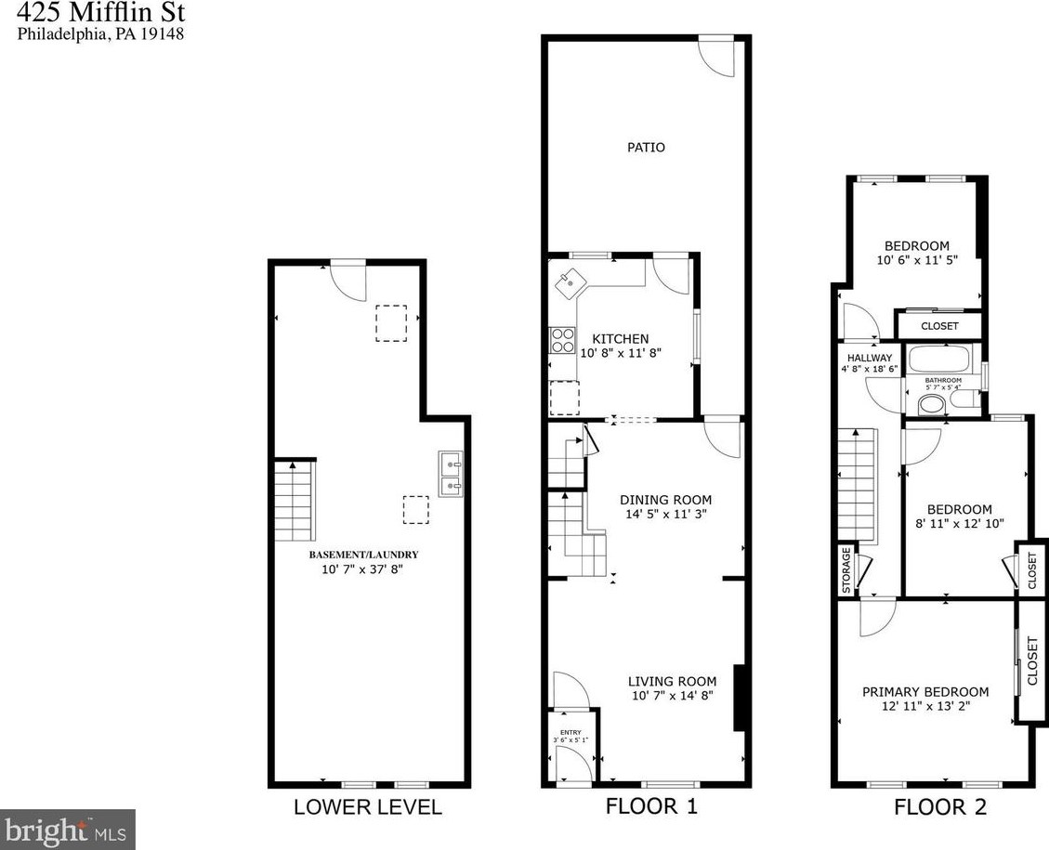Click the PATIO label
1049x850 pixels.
coord(646,147)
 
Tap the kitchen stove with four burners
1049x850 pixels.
coord(562,341)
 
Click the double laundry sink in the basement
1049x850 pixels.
coord(452,472)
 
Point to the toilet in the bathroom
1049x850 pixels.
coord(931,403)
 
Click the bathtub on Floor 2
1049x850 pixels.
coord(939,360)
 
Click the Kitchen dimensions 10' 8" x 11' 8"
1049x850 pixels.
coord(620,353)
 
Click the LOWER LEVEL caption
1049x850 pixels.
coord(367,806)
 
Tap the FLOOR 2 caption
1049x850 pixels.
coord(940,806)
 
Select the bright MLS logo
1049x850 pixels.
coord(68,829)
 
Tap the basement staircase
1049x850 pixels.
coord(295,502)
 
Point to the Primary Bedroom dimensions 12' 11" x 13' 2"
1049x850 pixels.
coord(925,707)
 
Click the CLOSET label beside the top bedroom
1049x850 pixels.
coord(939,326)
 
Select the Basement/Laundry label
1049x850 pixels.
coord(357,555)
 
